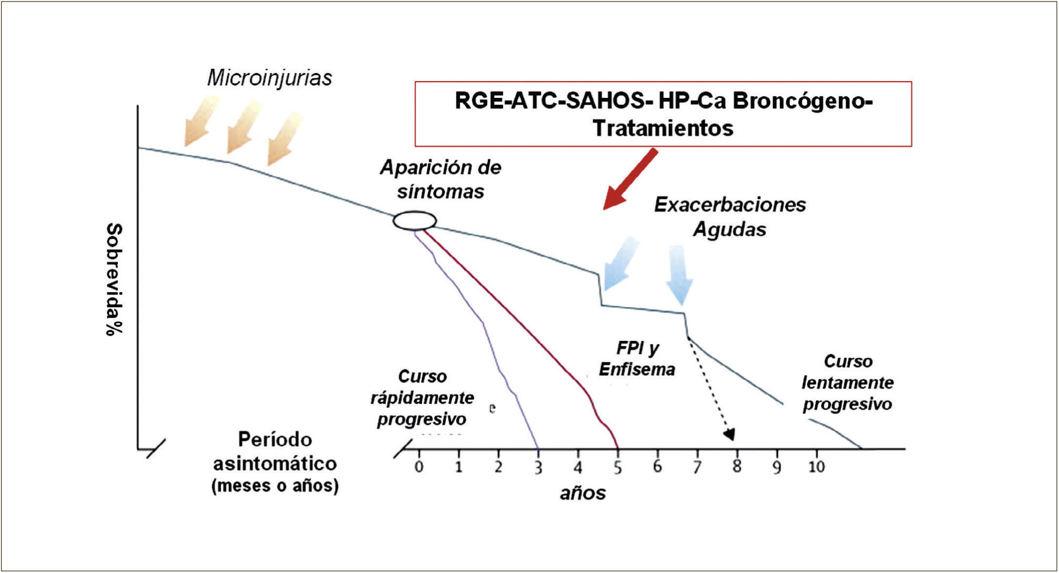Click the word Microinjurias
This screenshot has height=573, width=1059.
pos(270,78)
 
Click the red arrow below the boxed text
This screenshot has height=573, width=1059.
pos(630,179)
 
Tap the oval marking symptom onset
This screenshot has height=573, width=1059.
pos(415,221)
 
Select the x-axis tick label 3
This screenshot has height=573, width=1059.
pos(538,467)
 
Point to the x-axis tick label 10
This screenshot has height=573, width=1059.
pos(816,466)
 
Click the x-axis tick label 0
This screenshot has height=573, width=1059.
pos(419,467)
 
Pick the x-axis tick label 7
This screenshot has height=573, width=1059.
pos(697,467)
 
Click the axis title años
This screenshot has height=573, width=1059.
pos(583,493)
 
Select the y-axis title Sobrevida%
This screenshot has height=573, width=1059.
pos(114,279)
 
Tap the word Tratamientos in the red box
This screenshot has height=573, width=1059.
pos(663,128)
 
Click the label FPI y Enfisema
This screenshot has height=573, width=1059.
pos(637,359)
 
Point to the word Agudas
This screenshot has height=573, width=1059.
pos(729,229)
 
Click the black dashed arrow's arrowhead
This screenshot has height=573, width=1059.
pos(729,435)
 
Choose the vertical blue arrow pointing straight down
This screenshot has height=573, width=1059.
pos(679,275)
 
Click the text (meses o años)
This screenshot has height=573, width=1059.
pos(275,486)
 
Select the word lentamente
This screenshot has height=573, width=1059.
pos(847,383)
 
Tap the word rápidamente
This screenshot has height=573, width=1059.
pos(422,398)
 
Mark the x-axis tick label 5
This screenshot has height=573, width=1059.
pos(617,467)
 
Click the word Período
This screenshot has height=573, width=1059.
pos(275,439)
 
